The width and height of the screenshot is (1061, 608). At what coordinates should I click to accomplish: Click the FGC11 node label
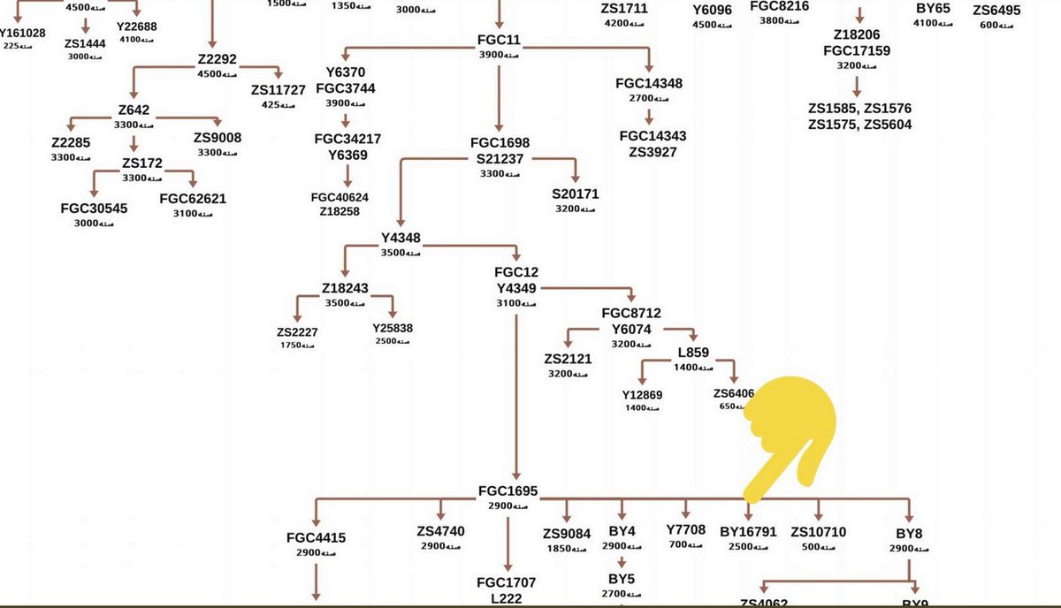500,40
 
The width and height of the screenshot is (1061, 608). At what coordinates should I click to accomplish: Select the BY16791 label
748,532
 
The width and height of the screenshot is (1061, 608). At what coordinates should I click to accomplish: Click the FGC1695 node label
508,491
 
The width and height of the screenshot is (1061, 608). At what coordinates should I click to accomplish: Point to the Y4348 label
401,239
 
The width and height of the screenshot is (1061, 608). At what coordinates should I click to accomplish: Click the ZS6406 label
734,393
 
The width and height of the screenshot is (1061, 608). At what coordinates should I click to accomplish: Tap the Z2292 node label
218,60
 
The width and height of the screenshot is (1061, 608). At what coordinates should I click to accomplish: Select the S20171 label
576,194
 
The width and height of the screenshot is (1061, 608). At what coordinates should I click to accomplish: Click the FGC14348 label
649,84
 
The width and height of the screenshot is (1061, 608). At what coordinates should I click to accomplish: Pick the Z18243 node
345,288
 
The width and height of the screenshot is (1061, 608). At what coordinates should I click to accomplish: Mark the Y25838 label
393,328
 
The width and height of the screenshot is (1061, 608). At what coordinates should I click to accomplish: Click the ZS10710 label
818,532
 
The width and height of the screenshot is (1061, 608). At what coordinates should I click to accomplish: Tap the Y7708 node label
685,529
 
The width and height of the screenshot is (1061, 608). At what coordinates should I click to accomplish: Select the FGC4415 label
316,536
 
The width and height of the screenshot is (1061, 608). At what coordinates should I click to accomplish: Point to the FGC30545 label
94,209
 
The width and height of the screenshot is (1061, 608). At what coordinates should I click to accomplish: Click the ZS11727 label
278,90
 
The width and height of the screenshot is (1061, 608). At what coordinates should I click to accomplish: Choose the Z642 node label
134,111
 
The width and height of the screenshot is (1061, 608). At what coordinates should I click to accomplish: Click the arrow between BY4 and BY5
622,562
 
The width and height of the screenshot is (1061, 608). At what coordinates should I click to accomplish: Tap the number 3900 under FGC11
492,55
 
